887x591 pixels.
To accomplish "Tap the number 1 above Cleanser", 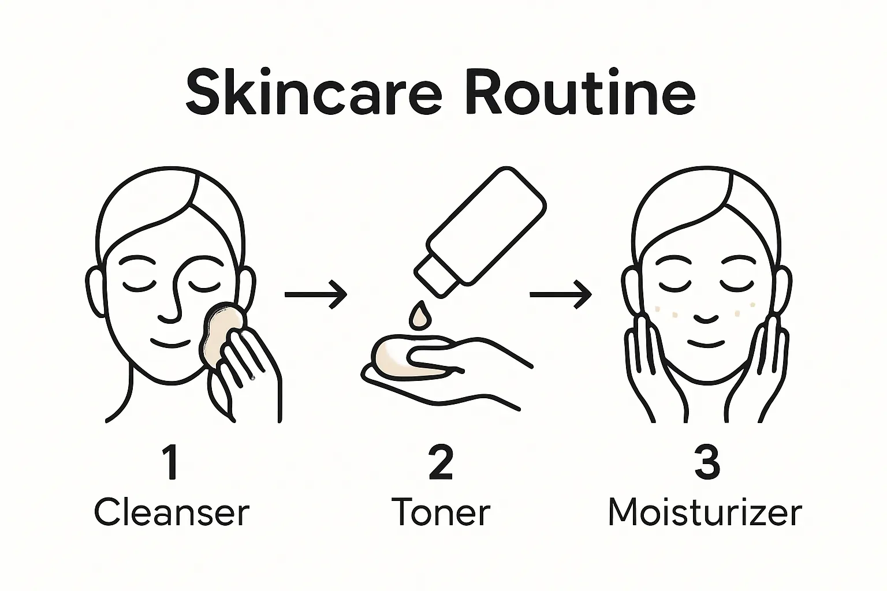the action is pos(171,462).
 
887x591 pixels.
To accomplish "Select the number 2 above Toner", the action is pos(441,462).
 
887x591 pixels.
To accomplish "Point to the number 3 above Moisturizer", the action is pos(707,462).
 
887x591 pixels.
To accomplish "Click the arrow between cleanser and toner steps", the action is pos(316,294).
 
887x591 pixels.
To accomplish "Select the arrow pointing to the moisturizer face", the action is pos(561,294).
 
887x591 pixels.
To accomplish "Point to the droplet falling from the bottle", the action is pos(419,315).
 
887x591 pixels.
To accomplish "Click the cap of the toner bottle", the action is pos(435,276).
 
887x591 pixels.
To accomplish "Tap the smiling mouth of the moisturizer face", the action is pos(707,343).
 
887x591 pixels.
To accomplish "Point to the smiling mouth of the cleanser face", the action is pos(170,343).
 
